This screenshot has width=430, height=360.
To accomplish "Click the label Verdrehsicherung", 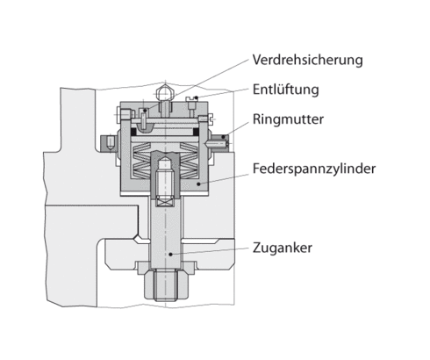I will click(x=306, y=61).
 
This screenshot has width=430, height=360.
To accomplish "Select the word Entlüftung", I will click(x=285, y=90).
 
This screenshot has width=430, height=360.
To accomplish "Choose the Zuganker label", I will click(x=282, y=247).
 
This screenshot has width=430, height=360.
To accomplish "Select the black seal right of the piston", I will click(x=199, y=132).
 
